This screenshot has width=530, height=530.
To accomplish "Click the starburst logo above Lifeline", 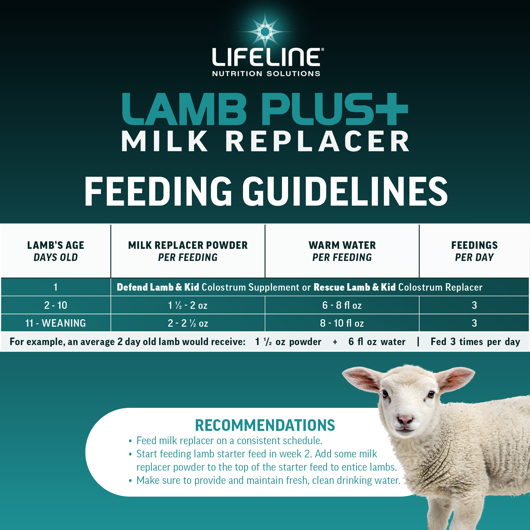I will tap(265, 32).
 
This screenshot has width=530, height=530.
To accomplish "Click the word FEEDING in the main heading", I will tap(158, 191).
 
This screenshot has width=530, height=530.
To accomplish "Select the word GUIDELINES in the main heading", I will tap(345, 191).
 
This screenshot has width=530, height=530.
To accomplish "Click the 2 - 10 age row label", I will tap(56, 305).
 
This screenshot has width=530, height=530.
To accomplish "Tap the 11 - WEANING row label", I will tap(56, 323).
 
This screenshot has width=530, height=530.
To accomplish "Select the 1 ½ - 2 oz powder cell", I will tap(188, 305).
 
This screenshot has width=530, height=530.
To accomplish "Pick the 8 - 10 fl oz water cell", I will tap(342, 323).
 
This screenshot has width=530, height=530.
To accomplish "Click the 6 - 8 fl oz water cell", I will tap(342, 305).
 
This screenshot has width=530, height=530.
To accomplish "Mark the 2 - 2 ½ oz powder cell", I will tap(188, 323).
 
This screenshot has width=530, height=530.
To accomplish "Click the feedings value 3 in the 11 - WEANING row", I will tap(474, 323).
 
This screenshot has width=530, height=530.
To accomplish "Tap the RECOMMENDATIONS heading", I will tap(265, 425).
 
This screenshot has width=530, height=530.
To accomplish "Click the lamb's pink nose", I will tap(405, 420).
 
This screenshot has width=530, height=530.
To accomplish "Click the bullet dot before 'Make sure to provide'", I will tap(131, 481).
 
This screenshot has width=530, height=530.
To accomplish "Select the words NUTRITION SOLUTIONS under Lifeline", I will tap(266, 73).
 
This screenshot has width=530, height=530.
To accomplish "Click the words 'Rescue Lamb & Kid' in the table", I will tap(354, 287).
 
